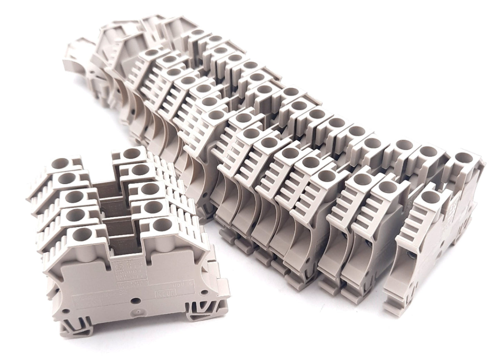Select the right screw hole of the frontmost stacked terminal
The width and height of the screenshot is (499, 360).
coord(159,225)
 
